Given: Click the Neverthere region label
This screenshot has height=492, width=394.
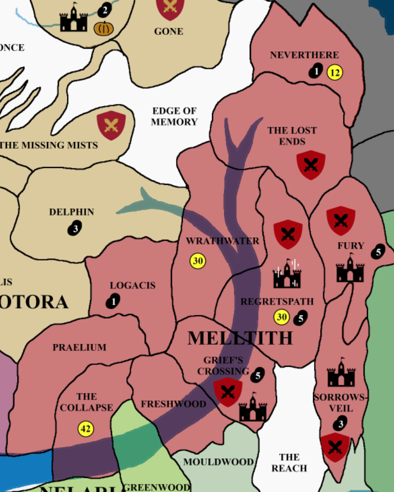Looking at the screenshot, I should point(304,55).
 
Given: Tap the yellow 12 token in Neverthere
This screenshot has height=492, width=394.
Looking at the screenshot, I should point(335,73).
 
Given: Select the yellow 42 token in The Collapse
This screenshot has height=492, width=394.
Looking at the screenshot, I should point(86,429).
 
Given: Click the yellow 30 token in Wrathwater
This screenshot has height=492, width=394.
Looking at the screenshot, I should point(197,261).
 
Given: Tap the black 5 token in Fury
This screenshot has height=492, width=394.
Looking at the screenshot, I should point(377,251).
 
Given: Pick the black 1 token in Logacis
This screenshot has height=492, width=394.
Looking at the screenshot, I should point(113,301).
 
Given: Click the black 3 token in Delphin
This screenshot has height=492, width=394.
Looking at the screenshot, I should point(75,228).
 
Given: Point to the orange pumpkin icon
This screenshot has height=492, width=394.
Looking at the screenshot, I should point(104,28).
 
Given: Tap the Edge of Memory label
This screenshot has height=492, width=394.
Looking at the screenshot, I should point(174,116).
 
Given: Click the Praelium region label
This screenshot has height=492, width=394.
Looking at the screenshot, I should point(79,348).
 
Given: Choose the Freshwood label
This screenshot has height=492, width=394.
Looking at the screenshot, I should point(174,404).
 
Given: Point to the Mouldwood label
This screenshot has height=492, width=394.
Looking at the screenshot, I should point(219,462).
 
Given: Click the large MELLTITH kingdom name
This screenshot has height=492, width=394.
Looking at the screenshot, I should point(240,338).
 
